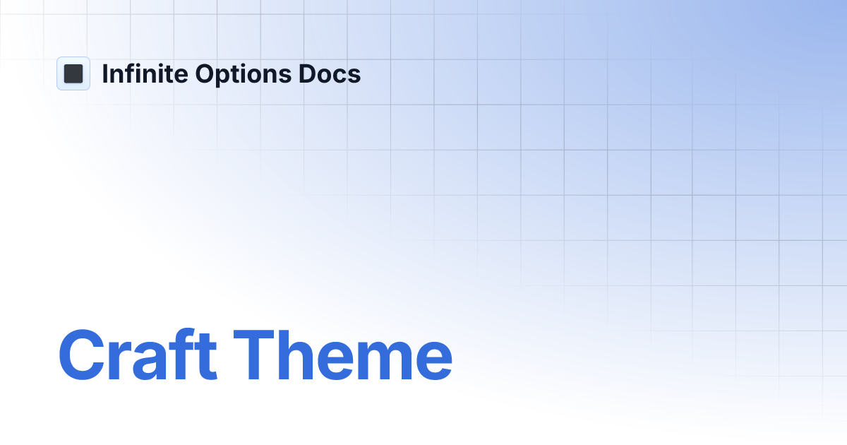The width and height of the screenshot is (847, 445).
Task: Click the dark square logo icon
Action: (73, 73)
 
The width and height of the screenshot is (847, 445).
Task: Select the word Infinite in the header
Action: (144, 73)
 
